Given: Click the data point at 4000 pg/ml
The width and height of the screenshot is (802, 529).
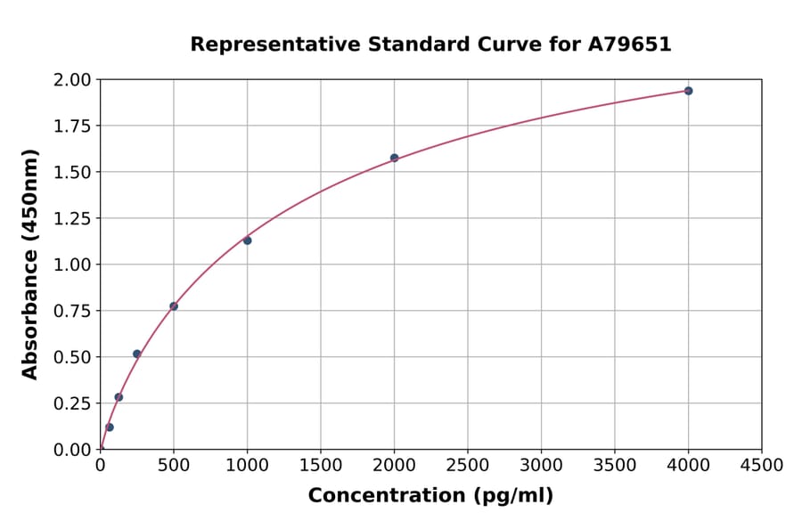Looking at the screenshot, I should point(688,91).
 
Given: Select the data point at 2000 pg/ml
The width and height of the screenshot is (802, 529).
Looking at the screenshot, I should point(394,158).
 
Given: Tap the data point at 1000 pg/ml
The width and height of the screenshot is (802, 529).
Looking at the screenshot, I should point(247,240).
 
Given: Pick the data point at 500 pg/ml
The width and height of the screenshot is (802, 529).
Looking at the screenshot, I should point(174,306).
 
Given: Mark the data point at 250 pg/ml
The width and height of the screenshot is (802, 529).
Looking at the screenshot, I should point(137,354).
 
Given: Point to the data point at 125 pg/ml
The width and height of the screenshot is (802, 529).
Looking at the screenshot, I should point(119,397).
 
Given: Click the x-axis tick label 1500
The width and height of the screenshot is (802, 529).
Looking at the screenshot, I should point(321,466).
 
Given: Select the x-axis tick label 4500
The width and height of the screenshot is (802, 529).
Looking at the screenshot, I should point(762,466).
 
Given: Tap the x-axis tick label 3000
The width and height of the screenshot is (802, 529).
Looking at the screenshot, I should point(541,466).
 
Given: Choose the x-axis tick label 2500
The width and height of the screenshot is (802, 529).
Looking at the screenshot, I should point(468,466).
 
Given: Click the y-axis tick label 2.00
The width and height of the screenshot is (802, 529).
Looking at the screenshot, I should point(72,80).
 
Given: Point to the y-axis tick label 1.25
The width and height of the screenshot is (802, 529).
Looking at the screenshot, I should point(72,219).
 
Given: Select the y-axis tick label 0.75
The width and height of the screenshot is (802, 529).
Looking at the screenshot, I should point(72,311).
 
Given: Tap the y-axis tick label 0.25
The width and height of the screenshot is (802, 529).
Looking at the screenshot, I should point(72,403).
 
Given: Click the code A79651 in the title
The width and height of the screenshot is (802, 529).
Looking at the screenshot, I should point(629,45).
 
